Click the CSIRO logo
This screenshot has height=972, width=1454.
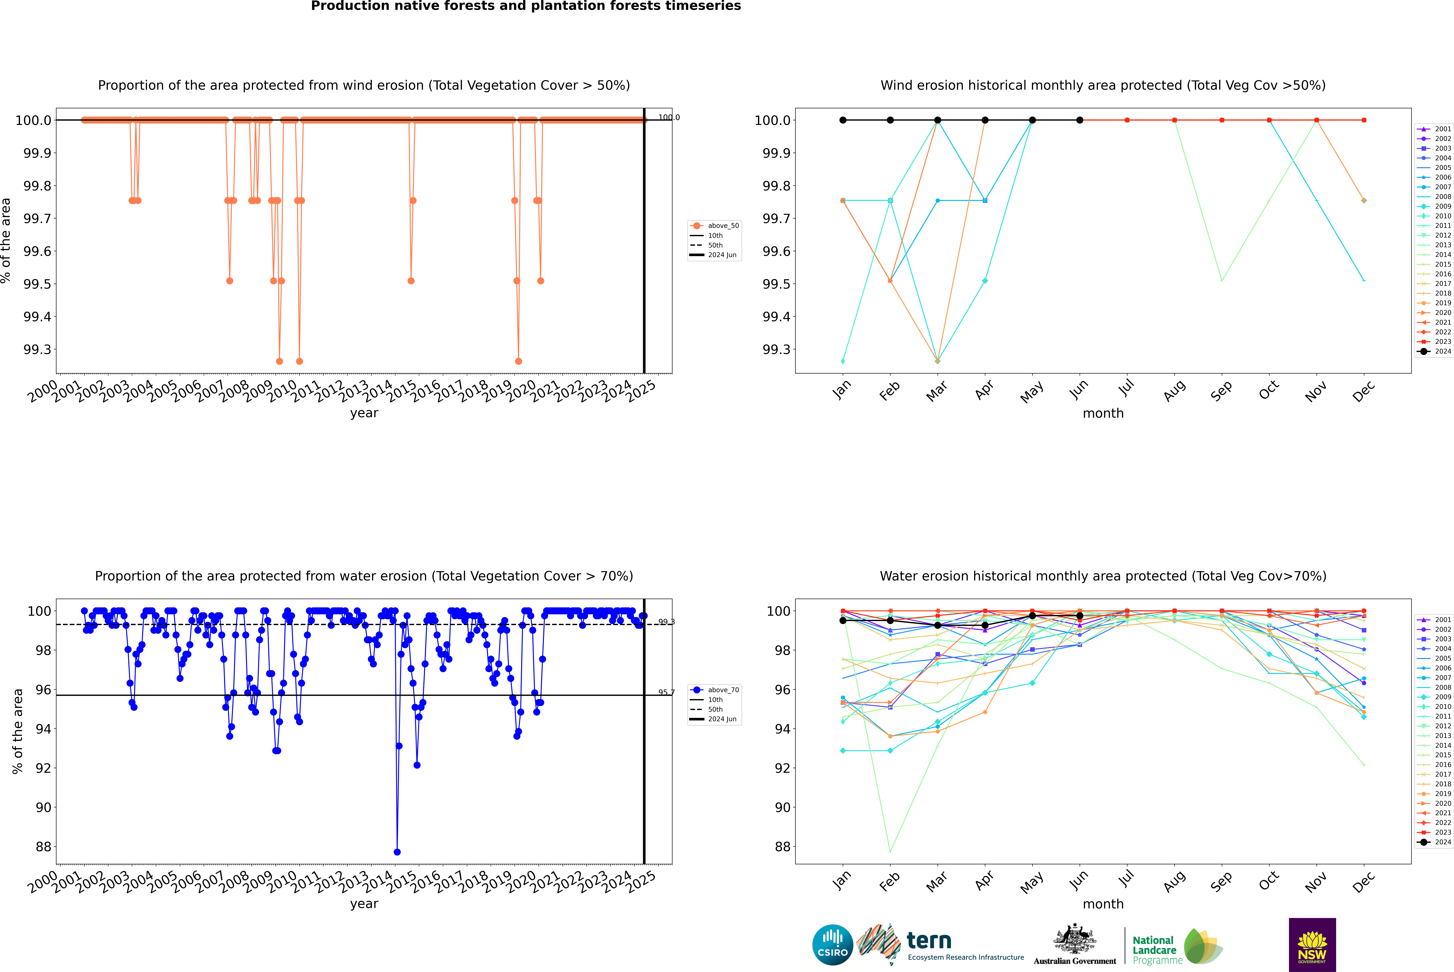pos(832,945)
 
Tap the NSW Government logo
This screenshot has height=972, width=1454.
pos(1312,945)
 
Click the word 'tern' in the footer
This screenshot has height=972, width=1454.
pos(928,941)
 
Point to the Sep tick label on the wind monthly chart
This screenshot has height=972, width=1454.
pos(1221,390)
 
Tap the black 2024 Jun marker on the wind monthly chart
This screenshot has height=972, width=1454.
pos(1080,120)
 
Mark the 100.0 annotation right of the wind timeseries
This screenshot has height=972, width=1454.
pos(669,117)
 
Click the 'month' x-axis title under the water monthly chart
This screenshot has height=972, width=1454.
pos(1103,904)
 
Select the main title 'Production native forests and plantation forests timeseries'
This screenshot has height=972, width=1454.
pos(526,6)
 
